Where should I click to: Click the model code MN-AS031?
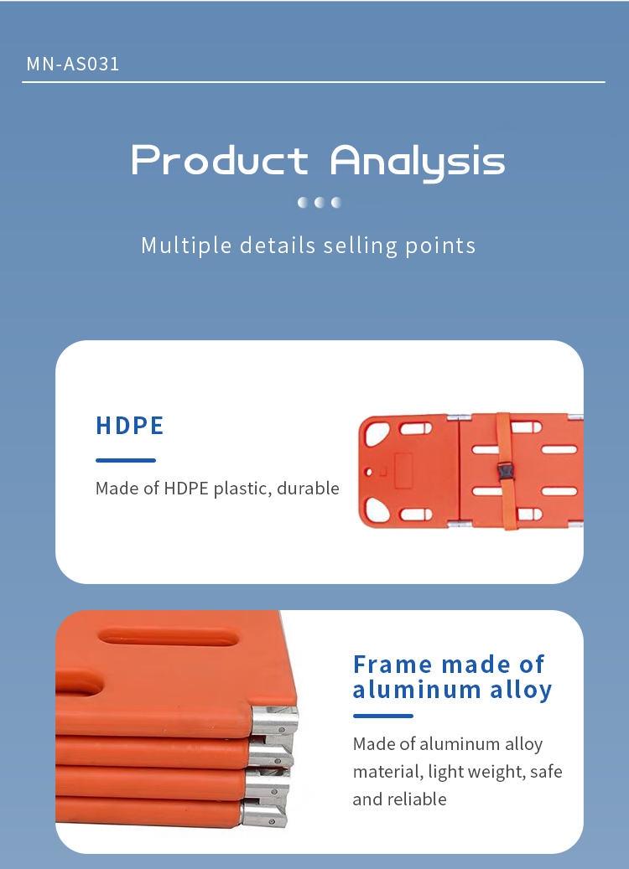pyautogui.click(x=73, y=64)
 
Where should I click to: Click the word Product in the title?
pyautogui.click(x=219, y=160)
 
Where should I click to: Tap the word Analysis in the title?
pyautogui.click(x=418, y=162)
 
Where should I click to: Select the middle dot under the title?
pyautogui.click(x=320, y=202)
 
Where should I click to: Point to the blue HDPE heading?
pyautogui.click(x=130, y=426)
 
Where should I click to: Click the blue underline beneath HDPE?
pyautogui.click(x=125, y=460)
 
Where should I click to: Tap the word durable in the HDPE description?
pyautogui.click(x=308, y=489)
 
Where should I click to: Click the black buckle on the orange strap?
pyautogui.click(x=506, y=472)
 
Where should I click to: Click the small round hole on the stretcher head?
pyautogui.click(x=368, y=472)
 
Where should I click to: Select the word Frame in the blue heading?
pyautogui.click(x=392, y=665)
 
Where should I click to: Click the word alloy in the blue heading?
pyautogui.click(x=521, y=691)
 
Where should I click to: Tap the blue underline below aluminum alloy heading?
pyautogui.click(x=382, y=716)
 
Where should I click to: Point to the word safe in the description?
pyautogui.click(x=546, y=772)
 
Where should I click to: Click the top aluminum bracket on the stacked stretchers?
pyautogui.click(x=275, y=721)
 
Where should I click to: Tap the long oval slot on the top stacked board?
pyautogui.click(x=169, y=637)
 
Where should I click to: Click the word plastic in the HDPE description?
pyautogui.click(x=242, y=489)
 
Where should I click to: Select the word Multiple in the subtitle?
pyautogui.click(x=186, y=246)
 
